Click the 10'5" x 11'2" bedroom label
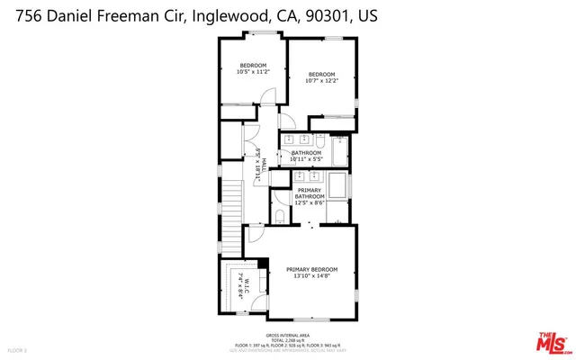pyautogui.click(x=253, y=68)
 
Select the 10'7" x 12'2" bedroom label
pyautogui.click(x=321, y=77)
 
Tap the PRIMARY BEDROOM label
pyautogui.click(x=311, y=273)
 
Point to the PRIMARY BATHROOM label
pyautogui.click(x=310, y=196)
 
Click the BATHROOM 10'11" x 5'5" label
pyautogui.click(x=307, y=157)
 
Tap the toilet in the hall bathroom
pyautogui.click(x=319, y=140)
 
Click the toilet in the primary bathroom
pyautogui.click(x=279, y=217)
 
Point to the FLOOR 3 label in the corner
pyautogui.click(x=18, y=349)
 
